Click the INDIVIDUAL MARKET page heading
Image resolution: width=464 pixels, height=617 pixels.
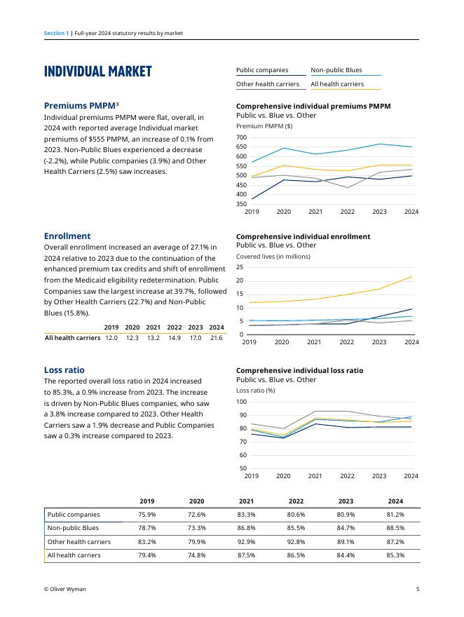coord(97,72)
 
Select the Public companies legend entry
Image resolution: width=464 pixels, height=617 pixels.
coord(262,70)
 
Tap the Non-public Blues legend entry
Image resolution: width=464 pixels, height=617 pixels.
coord(336,70)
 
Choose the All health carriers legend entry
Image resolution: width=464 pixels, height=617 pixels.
coord(337,84)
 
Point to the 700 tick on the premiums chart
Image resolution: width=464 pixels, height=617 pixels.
coord(242,137)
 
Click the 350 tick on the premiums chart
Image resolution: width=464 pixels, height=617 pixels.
coord(242,204)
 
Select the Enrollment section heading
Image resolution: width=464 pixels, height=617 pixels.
coord(67,236)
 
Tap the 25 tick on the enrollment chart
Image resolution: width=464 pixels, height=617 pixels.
coord(240,267)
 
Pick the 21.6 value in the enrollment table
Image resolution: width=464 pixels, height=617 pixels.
coord(217,338)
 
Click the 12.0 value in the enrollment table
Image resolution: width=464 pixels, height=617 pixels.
coord(111,338)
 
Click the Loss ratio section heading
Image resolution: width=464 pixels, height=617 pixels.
coord(64,369)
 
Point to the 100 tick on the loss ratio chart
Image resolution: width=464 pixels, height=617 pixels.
coord(242,402)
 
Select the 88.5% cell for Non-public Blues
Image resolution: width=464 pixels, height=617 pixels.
coord(395,528)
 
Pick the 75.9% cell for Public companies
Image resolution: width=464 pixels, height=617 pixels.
coord(147,515)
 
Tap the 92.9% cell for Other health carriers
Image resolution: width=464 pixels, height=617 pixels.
coord(246,542)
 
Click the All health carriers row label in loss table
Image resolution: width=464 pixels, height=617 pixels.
coord(74,555)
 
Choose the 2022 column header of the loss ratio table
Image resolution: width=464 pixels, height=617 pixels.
coord(296,501)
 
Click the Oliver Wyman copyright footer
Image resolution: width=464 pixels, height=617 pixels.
coord(64,590)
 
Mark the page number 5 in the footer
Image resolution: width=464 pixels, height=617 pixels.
coord(418,590)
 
